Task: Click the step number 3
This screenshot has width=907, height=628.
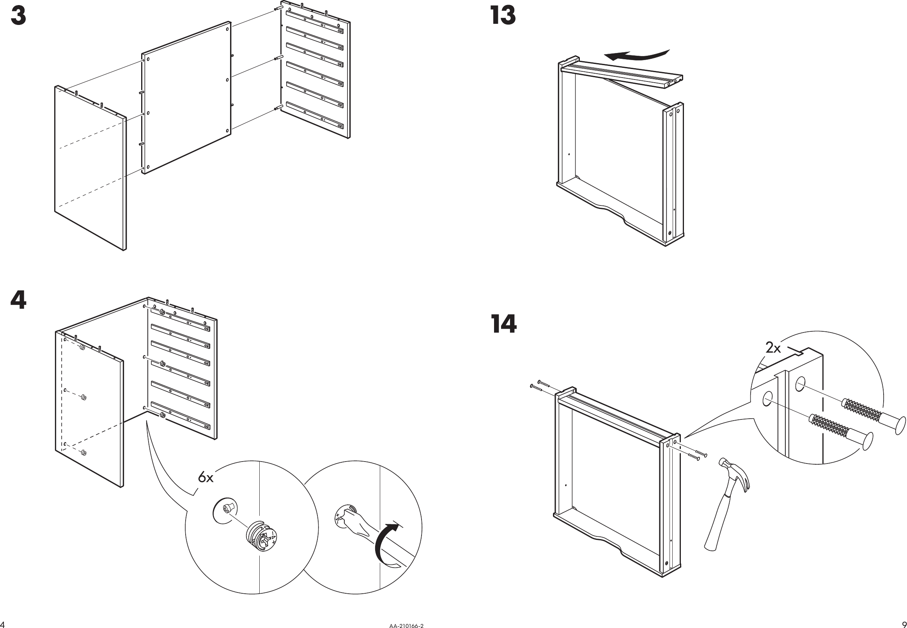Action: tap(18, 16)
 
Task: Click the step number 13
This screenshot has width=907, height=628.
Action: tap(503, 16)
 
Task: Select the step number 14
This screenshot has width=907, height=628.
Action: tap(504, 324)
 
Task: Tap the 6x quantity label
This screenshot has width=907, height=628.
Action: tap(205, 478)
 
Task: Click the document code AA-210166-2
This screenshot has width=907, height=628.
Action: tap(406, 625)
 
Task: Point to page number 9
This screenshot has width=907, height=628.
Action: tap(903, 624)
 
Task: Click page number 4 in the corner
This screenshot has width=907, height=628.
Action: tap(2, 624)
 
